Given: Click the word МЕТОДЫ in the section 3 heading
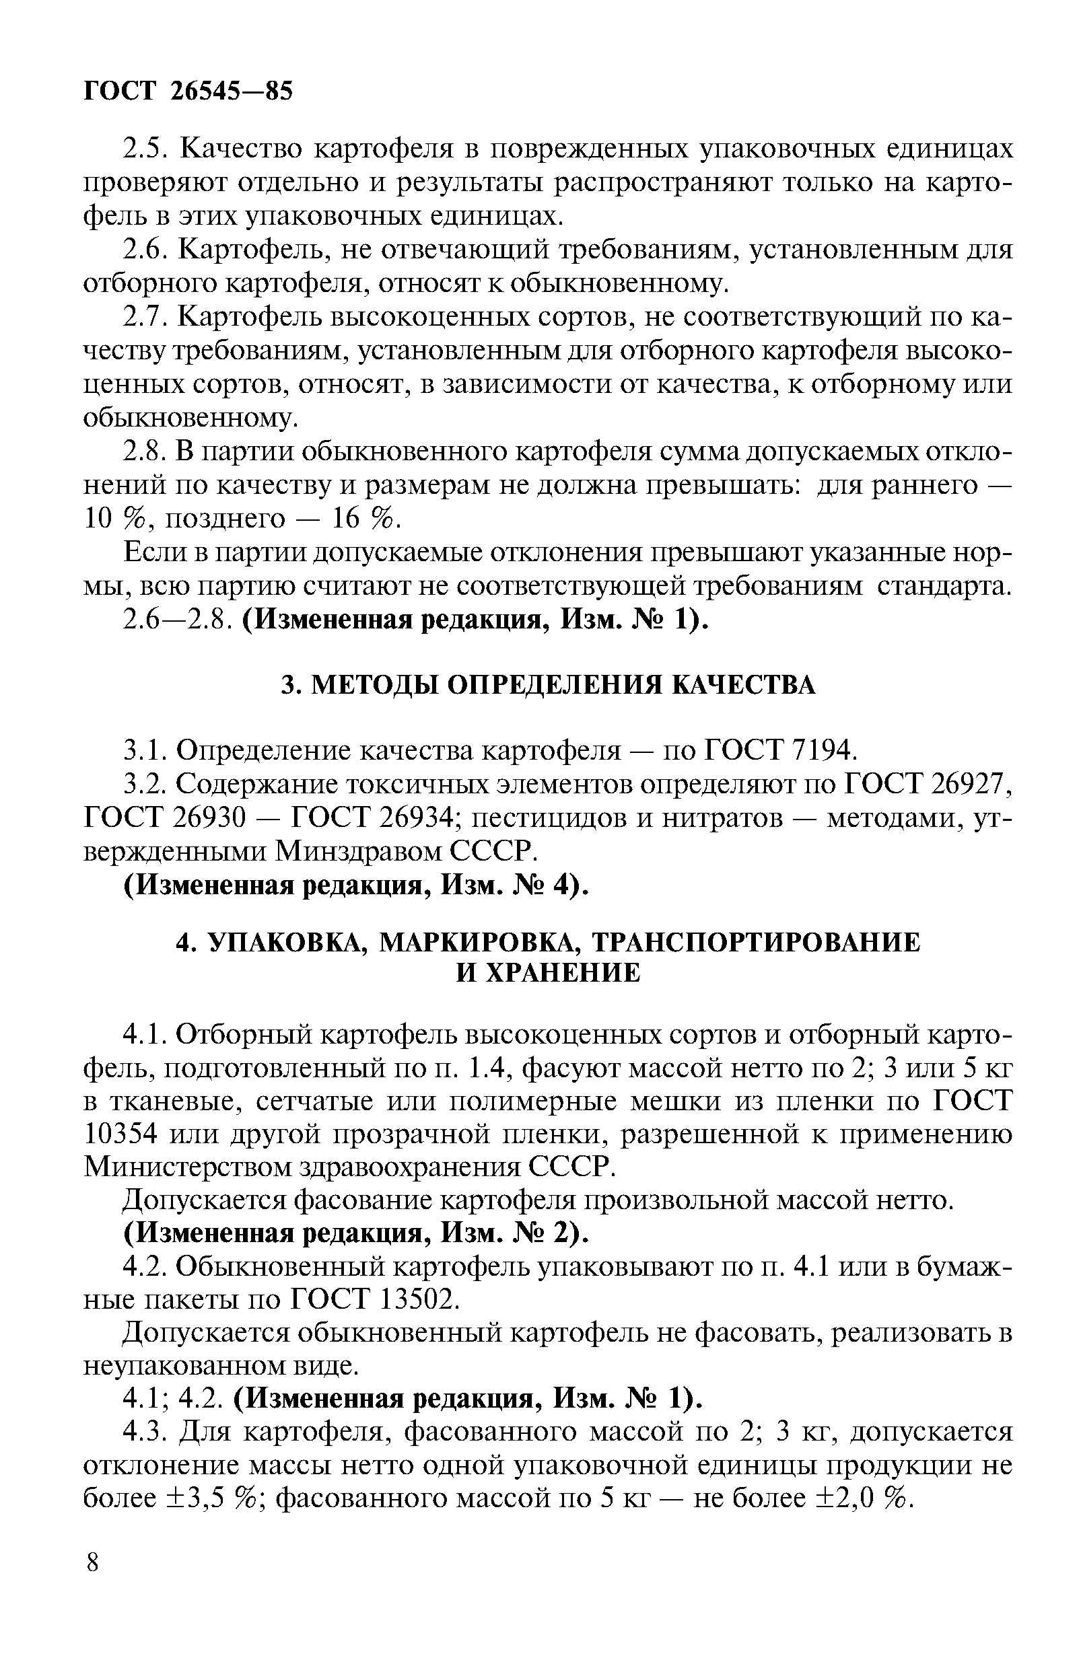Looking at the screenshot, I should coord(374,686).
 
